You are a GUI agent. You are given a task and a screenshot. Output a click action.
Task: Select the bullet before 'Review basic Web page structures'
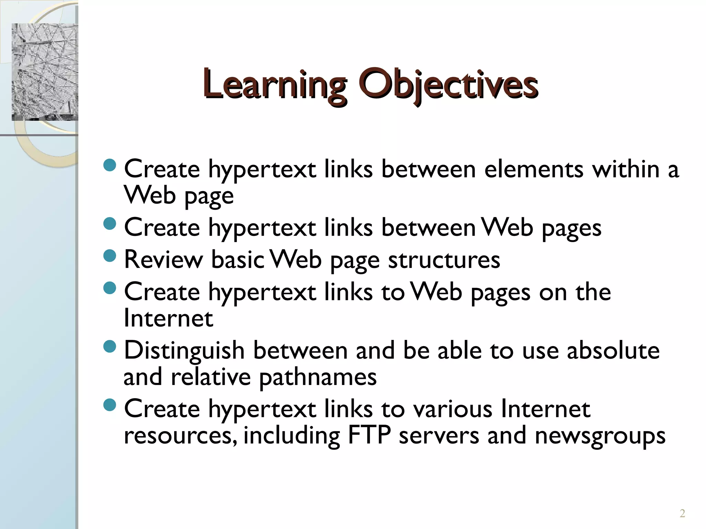(x=110, y=256)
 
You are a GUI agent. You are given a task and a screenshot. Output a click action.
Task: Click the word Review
(x=163, y=260)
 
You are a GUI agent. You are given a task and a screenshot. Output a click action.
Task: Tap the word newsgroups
(x=600, y=436)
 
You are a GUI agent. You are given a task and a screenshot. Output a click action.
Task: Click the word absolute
(x=613, y=351)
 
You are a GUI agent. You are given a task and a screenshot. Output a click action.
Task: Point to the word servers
(x=439, y=435)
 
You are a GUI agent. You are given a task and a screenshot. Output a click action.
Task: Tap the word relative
(x=211, y=377)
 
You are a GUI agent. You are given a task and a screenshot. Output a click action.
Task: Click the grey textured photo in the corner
(x=45, y=72)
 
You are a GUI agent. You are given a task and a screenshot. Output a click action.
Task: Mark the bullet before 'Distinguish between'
(x=110, y=346)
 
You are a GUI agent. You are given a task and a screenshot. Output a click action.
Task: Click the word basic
(x=238, y=260)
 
